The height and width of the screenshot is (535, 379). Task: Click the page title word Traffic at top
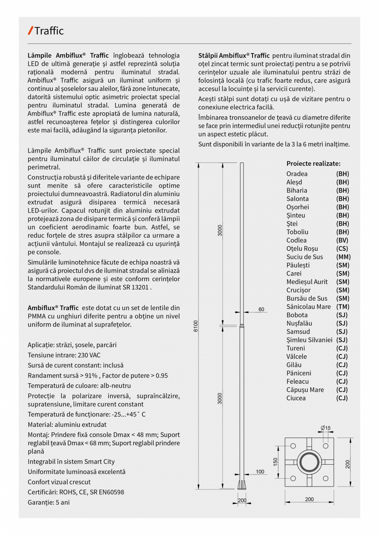click(49, 31)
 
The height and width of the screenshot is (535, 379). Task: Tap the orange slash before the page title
click(30, 30)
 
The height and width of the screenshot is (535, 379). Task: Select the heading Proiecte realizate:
click(313, 163)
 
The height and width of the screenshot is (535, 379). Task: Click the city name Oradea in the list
click(297, 174)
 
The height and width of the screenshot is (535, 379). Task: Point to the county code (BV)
click(342, 240)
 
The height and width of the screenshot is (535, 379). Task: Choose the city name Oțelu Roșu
click(302, 248)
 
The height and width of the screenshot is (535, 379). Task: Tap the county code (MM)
click(343, 257)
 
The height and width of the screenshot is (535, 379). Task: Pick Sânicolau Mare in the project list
click(309, 306)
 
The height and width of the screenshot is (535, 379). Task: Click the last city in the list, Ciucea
click(296, 398)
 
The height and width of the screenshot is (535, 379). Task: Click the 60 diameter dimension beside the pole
click(261, 309)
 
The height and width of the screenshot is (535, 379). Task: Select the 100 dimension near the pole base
click(260, 472)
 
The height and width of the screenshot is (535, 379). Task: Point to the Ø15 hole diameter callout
click(325, 428)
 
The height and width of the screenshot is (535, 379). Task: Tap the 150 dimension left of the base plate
click(276, 462)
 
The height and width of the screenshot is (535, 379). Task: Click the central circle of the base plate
click(309, 463)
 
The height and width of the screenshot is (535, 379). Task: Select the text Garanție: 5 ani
click(49, 502)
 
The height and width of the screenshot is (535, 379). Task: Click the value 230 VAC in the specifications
click(89, 355)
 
